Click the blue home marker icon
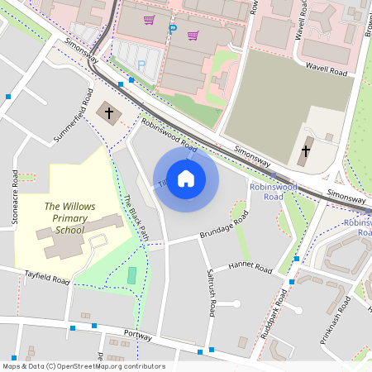pos(186,179)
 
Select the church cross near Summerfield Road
pos(108,112)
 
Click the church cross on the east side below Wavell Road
pos(306,151)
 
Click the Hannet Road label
pos(250,267)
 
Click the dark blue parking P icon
pos(173,29)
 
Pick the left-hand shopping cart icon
pos(150,20)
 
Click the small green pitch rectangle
pos(132,276)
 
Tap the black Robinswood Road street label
pos(169,136)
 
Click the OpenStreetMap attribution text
pos(83,366)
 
